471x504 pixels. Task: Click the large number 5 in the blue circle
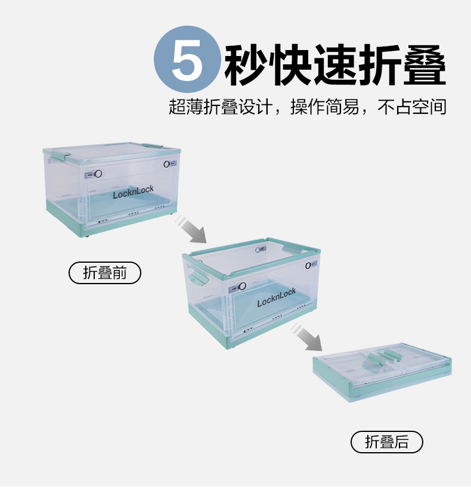(x=188, y=60)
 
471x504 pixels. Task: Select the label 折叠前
(x=105, y=273)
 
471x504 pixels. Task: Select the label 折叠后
(x=386, y=441)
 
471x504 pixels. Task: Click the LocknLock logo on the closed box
(x=133, y=192)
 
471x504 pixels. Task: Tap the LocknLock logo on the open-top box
(x=277, y=297)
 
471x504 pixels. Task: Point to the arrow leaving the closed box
(x=190, y=229)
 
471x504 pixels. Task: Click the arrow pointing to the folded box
(x=306, y=337)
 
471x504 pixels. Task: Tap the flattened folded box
(x=382, y=372)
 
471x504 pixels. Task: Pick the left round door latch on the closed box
(x=98, y=174)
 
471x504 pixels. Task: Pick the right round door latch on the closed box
(x=167, y=164)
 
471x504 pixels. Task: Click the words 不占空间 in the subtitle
(x=412, y=107)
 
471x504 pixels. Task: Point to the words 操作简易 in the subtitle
(x=324, y=107)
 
